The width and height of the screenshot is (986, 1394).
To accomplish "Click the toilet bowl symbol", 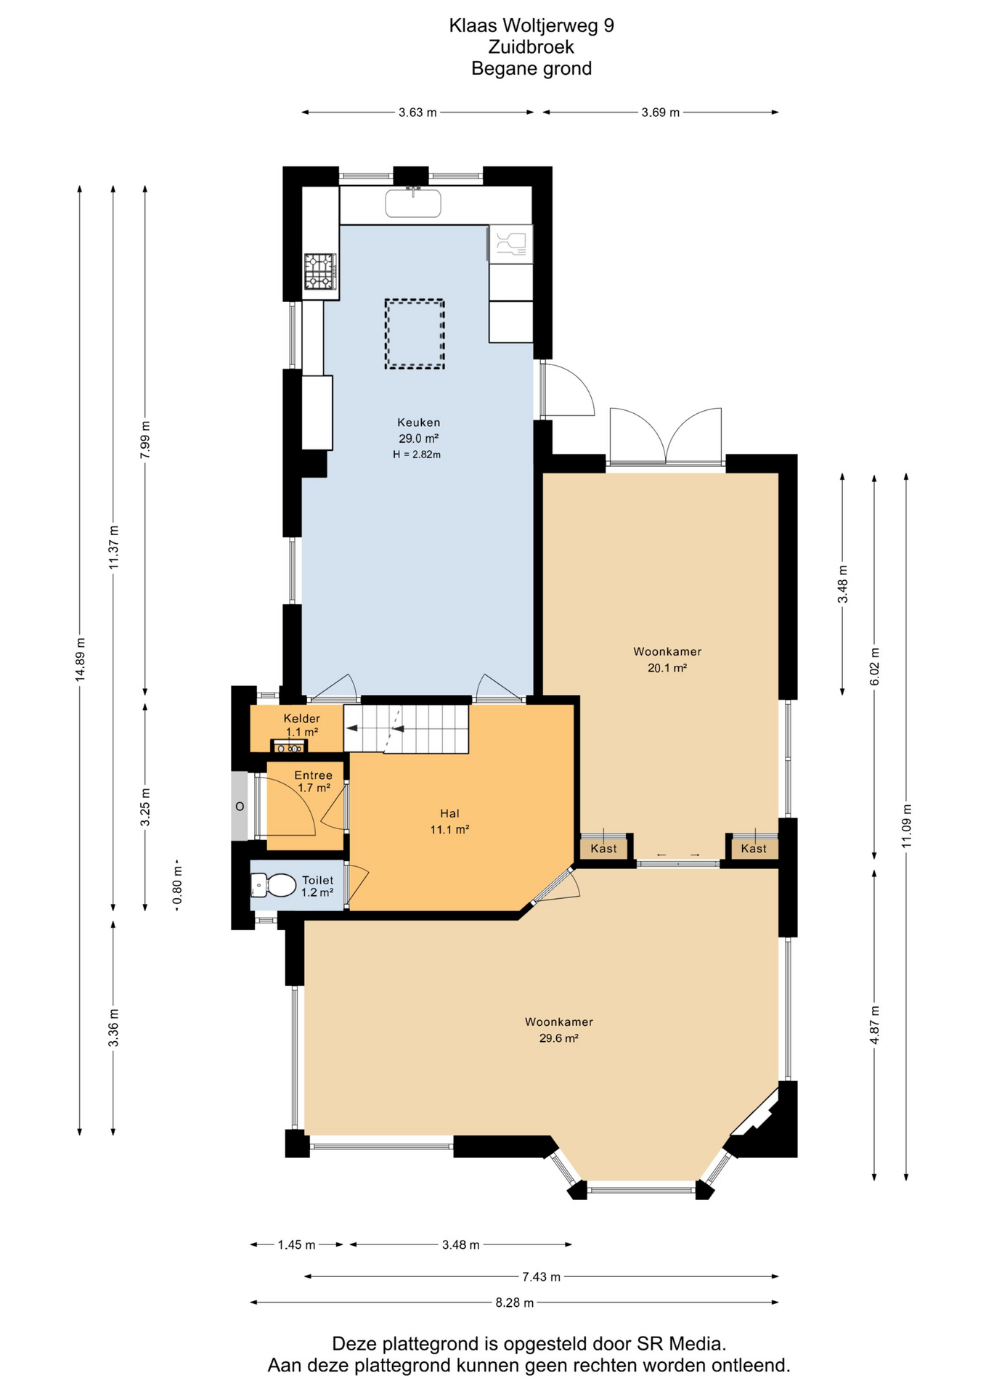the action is [x=273, y=885].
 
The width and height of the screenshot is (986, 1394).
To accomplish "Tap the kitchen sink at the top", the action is [x=413, y=203].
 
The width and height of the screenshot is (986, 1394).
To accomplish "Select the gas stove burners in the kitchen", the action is [x=320, y=272].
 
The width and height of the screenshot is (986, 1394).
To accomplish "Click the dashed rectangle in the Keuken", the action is [x=415, y=334].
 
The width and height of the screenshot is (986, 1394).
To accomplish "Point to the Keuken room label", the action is [x=418, y=422].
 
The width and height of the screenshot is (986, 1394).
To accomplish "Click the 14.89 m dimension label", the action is [x=81, y=659].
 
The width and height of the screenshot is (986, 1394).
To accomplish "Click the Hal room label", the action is [x=449, y=813].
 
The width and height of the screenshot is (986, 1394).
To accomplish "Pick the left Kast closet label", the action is [x=603, y=848].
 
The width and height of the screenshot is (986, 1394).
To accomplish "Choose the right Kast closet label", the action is [x=754, y=848].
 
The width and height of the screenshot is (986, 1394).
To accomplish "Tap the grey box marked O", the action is [x=240, y=806].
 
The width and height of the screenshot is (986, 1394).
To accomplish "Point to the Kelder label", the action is [x=302, y=719].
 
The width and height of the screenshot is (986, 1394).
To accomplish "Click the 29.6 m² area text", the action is [x=558, y=1038].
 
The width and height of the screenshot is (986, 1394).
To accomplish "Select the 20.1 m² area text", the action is [x=667, y=668].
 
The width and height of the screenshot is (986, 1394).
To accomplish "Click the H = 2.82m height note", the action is [x=417, y=455].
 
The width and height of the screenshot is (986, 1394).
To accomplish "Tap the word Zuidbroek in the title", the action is [x=531, y=47].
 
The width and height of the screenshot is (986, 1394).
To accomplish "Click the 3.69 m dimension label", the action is [x=661, y=113].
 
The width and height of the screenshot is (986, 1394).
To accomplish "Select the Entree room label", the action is [x=313, y=775].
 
